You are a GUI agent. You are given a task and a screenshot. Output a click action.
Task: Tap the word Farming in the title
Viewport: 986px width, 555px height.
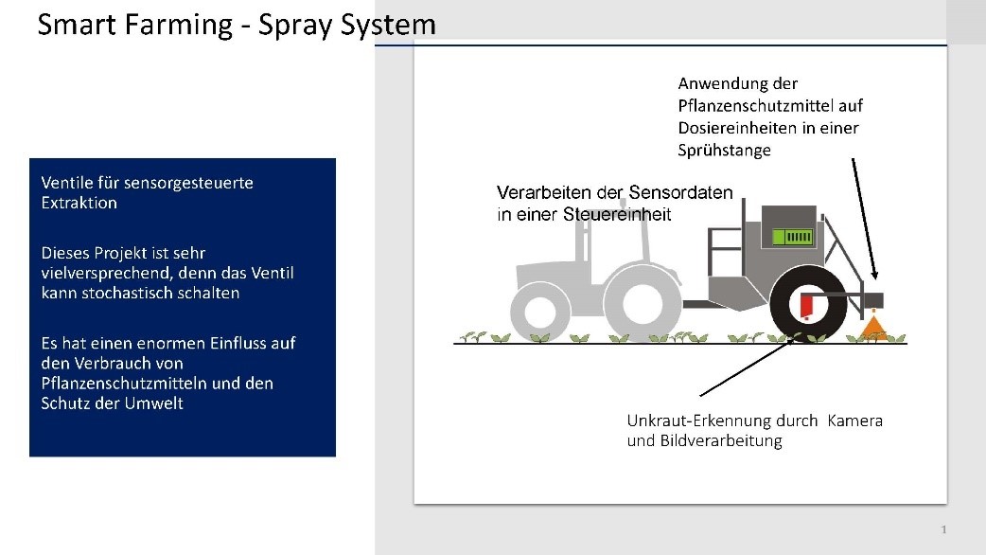tap(179, 27)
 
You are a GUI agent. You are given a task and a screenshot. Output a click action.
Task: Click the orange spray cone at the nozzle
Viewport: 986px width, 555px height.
tap(872, 329)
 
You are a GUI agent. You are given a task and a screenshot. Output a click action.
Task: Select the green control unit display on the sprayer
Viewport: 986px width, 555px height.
tap(792, 237)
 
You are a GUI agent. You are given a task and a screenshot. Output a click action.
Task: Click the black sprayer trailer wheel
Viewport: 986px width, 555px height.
tap(808, 303)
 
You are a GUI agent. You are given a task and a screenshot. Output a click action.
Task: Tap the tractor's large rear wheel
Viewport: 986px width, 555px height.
tap(642, 303)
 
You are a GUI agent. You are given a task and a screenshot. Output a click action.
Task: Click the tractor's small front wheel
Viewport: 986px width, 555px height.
tap(539, 312)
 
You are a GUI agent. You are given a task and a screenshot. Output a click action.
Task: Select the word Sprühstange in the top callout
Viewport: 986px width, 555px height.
tap(725, 151)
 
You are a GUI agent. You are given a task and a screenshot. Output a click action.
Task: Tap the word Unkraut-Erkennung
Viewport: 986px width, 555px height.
tap(722, 421)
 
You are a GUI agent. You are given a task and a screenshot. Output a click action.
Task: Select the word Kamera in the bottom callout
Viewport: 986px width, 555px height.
tap(855, 421)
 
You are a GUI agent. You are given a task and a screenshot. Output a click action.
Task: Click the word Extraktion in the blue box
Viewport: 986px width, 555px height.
tap(79, 203)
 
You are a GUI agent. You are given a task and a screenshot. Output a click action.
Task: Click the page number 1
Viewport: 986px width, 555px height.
tap(943, 529)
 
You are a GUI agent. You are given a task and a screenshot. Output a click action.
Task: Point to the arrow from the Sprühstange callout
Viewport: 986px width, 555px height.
tap(865, 219)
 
